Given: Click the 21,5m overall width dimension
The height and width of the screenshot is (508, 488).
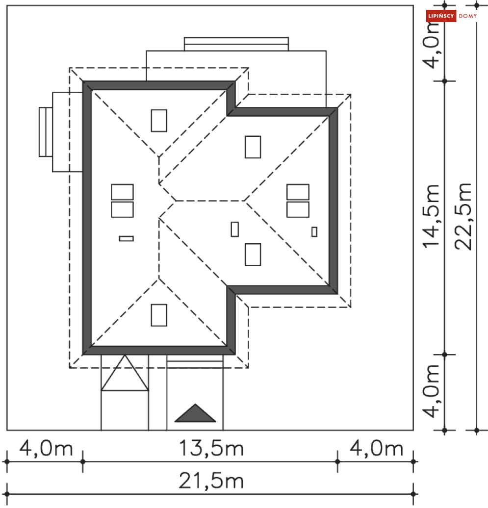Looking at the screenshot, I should click(x=211, y=481).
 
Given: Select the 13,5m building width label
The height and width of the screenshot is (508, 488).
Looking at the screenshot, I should click(x=211, y=448).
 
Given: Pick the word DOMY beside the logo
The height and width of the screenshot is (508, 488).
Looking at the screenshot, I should click(x=468, y=16).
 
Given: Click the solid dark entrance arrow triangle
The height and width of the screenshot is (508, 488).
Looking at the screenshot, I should click(x=195, y=414).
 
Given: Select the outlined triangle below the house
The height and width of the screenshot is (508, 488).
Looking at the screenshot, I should click(x=125, y=374).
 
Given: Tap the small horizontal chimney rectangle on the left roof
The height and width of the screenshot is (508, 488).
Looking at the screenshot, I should click(x=126, y=239).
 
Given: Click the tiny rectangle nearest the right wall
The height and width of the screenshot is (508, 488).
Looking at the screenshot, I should click(x=314, y=231).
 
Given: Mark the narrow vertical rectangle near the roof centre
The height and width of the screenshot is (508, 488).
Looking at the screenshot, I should click(x=235, y=229).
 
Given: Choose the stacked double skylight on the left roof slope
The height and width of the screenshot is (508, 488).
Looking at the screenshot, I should click(x=122, y=201).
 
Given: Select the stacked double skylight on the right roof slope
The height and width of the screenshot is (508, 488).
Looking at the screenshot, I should click(x=298, y=201).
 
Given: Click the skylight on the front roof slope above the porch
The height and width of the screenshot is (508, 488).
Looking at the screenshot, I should click(x=158, y=315).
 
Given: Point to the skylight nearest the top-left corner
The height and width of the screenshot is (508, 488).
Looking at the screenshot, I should click(x=158, y=121).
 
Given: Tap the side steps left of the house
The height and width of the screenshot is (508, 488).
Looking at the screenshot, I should click(x=46, y=132).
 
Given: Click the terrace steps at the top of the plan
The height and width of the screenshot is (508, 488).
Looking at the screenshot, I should click(x=236, y=44).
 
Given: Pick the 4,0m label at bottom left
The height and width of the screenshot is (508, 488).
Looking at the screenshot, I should click(x=45, y=448).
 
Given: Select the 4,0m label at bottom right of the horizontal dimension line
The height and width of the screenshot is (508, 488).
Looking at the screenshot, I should click(x=376, y=448).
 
